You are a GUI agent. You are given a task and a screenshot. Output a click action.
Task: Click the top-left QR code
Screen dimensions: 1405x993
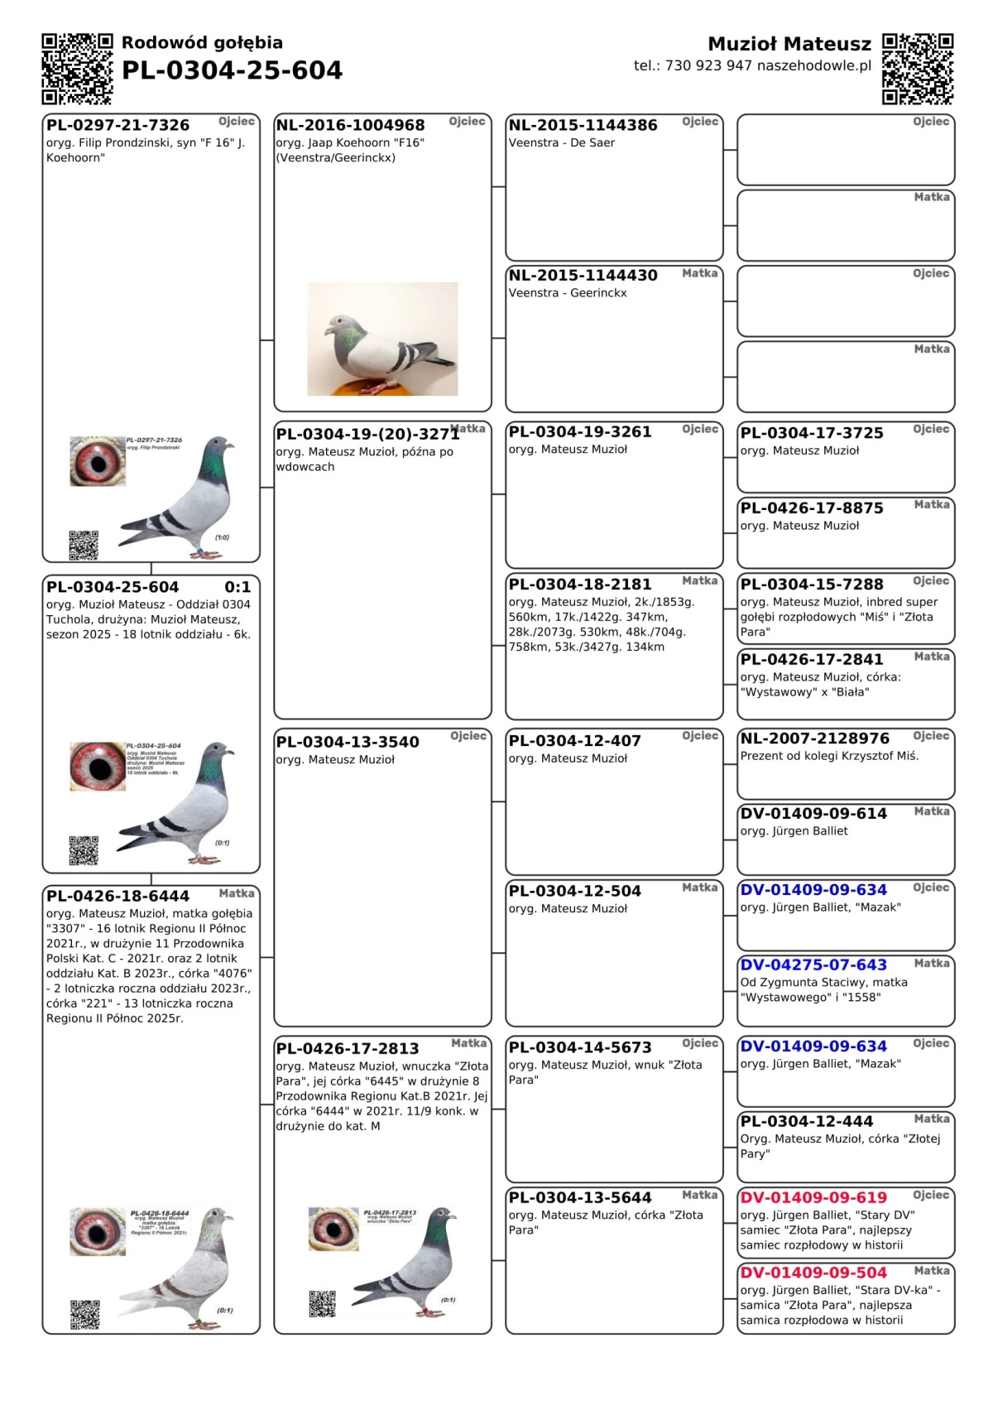click(77, 69)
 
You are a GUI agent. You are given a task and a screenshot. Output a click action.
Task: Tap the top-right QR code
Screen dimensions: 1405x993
click(918, 69)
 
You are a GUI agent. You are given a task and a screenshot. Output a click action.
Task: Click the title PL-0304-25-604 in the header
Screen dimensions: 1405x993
click(232, 71)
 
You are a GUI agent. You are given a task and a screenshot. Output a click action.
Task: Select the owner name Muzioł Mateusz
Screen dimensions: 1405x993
click(789, 44)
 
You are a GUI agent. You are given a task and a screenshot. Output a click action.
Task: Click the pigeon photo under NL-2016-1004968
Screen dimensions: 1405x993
click(382, 339)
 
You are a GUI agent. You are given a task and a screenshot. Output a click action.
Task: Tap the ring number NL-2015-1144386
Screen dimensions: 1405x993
click(583, 125)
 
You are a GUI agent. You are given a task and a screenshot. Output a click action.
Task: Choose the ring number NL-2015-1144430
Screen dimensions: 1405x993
click(583, 276)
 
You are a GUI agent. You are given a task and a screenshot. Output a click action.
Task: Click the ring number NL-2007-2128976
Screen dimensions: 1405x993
click(814, 739)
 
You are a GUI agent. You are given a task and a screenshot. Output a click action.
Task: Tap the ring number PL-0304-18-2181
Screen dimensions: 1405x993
click(579, 585)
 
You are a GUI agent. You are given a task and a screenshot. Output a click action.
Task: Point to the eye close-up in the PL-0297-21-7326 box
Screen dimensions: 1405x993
click(98, 461)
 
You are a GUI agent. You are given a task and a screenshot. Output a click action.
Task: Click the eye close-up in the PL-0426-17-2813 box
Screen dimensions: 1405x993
click(333, 1229)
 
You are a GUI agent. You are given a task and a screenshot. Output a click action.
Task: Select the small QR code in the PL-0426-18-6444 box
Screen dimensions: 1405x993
click(85, 1315)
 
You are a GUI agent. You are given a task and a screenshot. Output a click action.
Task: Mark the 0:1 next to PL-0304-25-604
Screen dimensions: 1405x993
click(237, 587)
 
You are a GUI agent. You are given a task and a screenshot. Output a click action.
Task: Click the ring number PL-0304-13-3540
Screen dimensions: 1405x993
click(348, 742)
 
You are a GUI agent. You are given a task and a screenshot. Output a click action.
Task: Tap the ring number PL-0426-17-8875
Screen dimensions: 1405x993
click(812, 508)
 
